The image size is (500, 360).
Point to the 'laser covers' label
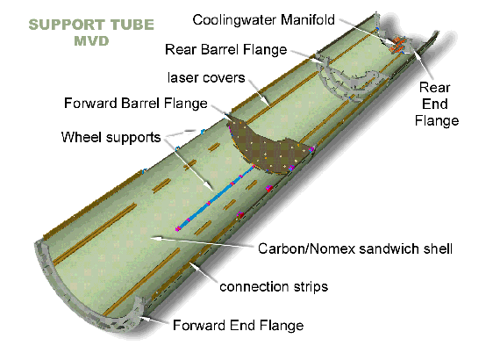[207, 78]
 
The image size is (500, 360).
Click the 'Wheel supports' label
[111, 137]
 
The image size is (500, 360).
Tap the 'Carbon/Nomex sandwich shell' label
[354, 248]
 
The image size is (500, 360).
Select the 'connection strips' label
[274, 286]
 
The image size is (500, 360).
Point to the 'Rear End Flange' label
[436, 104]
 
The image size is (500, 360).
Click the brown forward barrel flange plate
[263, 149]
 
